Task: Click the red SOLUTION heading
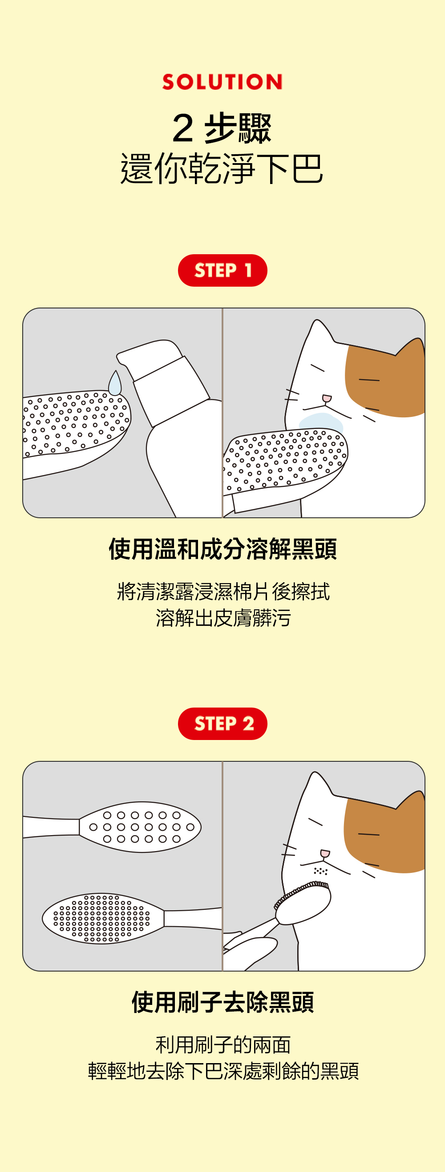222,82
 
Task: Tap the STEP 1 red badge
222,270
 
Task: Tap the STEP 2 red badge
222,724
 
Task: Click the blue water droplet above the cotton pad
115,384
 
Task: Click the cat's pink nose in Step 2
325,853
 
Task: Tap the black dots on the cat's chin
321,871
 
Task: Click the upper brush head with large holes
140,827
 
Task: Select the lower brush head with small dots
103,918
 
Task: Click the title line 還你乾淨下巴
222,168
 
